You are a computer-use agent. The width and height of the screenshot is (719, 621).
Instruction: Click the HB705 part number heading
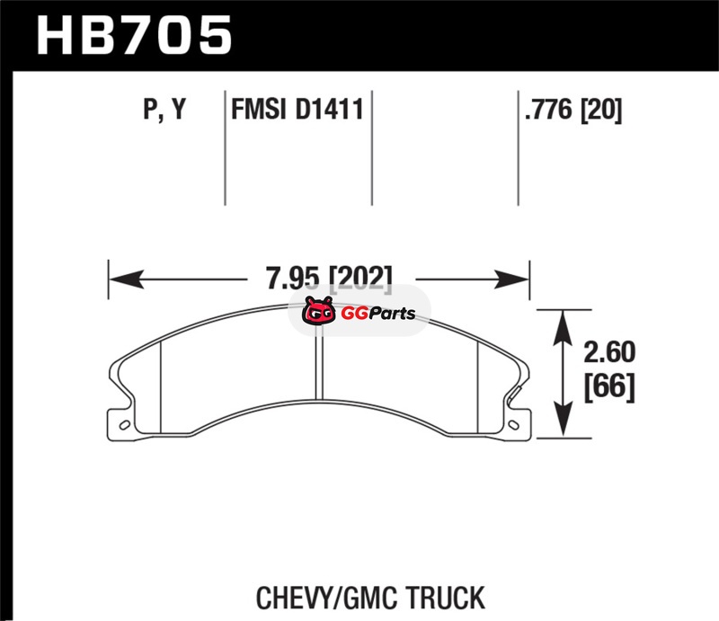point(134,35)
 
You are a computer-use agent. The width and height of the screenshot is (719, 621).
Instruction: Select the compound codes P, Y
point(164,110)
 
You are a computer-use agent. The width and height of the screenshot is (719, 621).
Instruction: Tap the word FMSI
point(259,110)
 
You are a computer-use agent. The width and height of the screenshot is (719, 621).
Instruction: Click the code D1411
point(330,110)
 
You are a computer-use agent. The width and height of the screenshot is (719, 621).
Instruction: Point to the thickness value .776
point(549,110)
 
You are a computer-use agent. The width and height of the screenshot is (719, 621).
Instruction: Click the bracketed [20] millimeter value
point(601,110)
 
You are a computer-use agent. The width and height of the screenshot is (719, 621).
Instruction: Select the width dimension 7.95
point(293,278)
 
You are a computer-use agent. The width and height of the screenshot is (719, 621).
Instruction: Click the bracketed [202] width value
point(361,279)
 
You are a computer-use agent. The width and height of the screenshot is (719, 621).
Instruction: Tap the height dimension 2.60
point(609,352)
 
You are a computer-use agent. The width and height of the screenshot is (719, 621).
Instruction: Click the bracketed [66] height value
point(609,386)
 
